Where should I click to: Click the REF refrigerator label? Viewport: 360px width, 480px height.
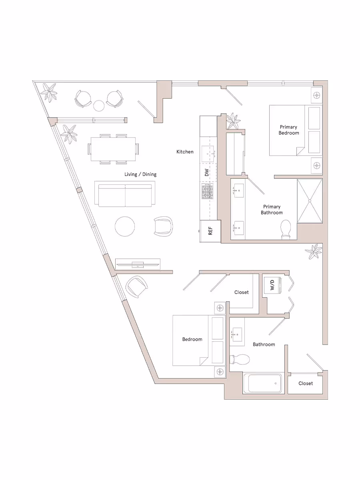pyautogui.click(x=210, y=231)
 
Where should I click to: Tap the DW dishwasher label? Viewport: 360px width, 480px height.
pyautogui.click(x=207, y=173)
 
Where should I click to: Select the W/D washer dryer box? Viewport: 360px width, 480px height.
pyautogui.click(x=272, y=285)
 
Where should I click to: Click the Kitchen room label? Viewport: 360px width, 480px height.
pyautogui.click(x=185, y=152)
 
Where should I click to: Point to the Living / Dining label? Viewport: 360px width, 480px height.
pyautogui.click(x=140, y=174)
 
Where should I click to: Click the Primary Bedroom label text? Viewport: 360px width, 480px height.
pyautogui.click(x=289, y=130)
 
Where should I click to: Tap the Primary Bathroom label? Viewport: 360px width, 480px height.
pyautogui.click(x=272, y=210)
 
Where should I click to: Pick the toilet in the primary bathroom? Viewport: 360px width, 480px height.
pyautogui.click(x=286, y=230)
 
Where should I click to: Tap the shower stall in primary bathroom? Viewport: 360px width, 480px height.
pyautogui.click(x=310, y=201)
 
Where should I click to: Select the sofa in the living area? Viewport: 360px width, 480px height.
pyautogui.click(x=124, y=194)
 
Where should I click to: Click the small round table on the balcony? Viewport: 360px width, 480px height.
pyautogui.click(x=99, y=106)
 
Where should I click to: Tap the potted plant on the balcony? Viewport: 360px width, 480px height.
pyautogui.click(x=50, y=92)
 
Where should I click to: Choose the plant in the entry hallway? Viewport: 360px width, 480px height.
pyautogui.click(x=313, y=252)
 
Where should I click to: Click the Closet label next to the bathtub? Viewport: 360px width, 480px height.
pyautogui.click(x=306, y=383)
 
